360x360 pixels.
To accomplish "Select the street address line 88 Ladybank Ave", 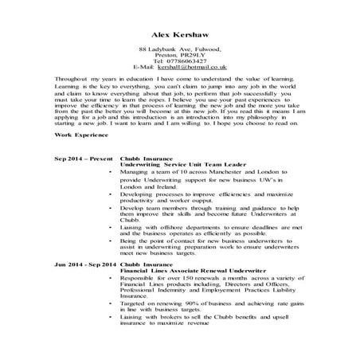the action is (x=178, y=50).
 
